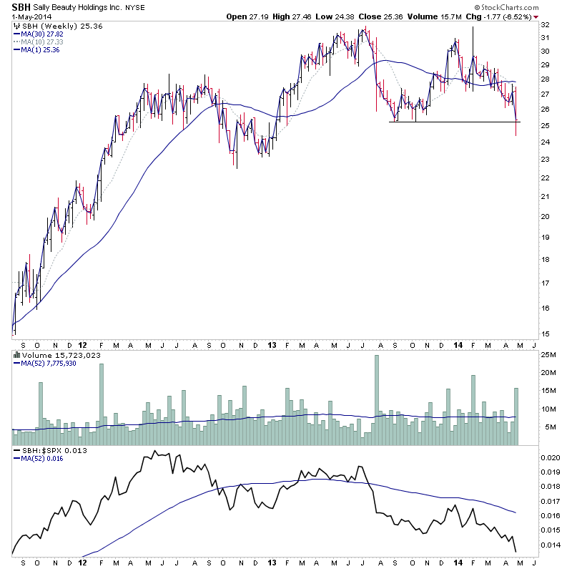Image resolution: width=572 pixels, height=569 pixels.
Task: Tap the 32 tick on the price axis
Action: tap(545, 24)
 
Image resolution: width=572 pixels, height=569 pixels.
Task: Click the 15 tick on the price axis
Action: tap(545, 334)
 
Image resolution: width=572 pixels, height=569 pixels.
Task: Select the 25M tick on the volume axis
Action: tap(548, 354)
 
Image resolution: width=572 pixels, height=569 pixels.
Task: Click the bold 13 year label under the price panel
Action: tap(272, 344)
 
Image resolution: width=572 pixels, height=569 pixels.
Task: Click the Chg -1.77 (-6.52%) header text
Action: tap(508, 16)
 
